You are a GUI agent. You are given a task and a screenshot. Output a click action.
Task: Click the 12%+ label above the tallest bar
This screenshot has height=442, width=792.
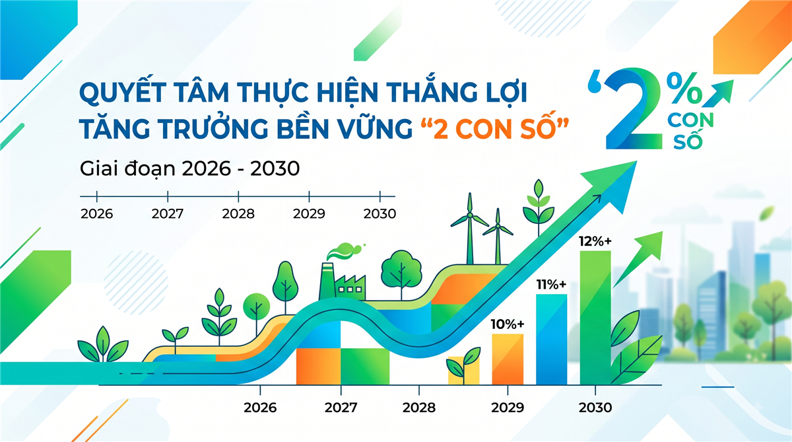595,241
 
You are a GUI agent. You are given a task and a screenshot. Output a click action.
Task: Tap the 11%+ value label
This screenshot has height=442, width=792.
551,285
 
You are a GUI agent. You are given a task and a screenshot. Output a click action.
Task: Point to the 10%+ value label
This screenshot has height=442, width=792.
508,324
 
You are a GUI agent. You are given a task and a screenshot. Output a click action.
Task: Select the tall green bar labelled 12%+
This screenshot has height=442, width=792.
595,318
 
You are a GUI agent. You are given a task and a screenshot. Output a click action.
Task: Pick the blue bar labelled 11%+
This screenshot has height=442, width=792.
552,340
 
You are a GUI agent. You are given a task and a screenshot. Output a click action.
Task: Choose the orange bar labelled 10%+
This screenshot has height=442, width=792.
508,359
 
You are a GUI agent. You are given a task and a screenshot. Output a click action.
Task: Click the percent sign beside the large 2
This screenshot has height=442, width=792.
684,89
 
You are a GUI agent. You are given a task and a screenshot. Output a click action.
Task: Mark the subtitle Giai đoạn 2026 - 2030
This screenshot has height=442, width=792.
189,168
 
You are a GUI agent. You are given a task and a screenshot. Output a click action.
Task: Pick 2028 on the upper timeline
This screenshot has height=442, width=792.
238,214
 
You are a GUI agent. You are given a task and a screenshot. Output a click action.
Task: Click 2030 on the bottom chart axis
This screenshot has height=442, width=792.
595,408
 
